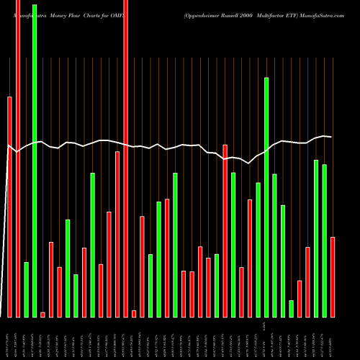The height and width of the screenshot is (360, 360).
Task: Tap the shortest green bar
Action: [x=292, y=308]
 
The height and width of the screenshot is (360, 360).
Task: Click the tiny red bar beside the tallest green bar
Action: [x=42, y=314]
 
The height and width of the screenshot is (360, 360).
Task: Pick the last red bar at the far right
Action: [x=333, y=276]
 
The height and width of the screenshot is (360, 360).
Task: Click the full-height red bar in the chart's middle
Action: [x=126, y=158]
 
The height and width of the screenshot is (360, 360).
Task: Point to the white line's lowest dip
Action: [x=249, y=163]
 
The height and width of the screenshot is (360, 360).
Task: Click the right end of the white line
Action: [x=331, y=137]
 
